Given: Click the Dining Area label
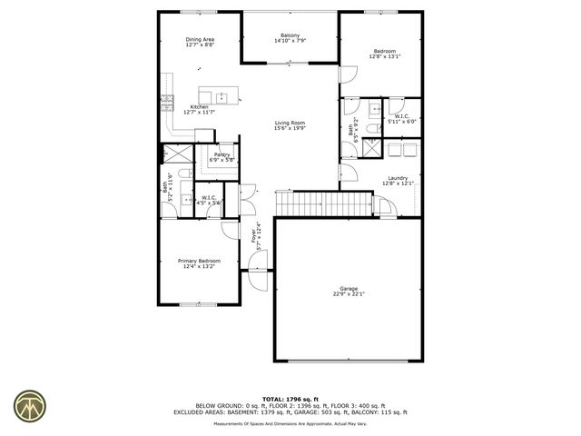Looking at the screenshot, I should pyautogui.click(x=200, y=39).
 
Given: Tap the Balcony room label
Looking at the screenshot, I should pyautogui.click(x=290, y=35).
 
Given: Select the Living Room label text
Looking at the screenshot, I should pyautogui.click(x=290, y=123).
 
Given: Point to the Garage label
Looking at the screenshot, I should pyautogui.click(x=349, y=289).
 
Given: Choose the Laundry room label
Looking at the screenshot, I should pyautogui.click(x=398, y=178).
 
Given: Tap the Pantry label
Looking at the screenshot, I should pyautogui.click(x=222, y=155).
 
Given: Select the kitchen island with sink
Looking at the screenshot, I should pyautogui.click(x=219, y=96).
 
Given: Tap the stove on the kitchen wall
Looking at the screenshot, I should pyautogui.click(x=166, y=103).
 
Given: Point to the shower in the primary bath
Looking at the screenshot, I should pyautogui.click(x=176, y=154).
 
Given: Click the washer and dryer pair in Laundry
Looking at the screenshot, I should pyautogui.click(x=403, y=150).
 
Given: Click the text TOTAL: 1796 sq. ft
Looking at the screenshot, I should pyautogui.click(x=290, y=399).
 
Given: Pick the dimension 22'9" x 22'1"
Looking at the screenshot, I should pyautogui.click(x=349, y=294).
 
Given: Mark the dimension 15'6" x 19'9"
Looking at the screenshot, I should pyautogui.click(x=290, y=128).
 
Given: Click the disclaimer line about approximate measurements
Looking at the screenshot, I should pyautogui.click(x=290, y=422).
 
